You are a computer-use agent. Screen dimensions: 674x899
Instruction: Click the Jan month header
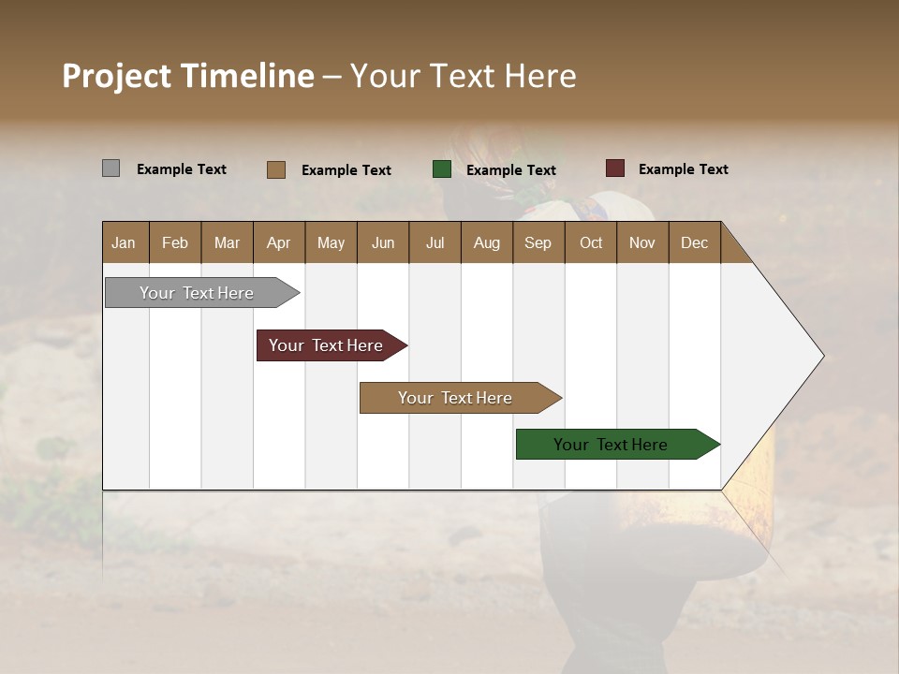pos(124,243)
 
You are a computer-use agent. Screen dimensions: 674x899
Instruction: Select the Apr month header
pos(279,243)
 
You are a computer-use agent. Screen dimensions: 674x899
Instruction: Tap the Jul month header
pos(435,243)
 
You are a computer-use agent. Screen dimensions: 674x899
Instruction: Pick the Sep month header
pos(538,243)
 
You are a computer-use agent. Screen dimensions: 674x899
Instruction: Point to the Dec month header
pos(694,243)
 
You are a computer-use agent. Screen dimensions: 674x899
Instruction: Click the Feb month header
pos(175,243)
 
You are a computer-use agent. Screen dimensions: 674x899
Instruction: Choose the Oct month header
pos(591,243)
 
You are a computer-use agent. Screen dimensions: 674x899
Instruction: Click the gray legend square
pos(111,168)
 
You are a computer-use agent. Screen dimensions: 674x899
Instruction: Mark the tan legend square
pos(276,169)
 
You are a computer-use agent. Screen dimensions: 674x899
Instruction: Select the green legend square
pos(442,169)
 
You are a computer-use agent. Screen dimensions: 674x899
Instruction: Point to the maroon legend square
pos(615,168)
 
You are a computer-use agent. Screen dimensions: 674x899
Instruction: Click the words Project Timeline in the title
pos(188,76)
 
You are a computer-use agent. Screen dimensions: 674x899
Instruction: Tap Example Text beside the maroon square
pos(683,169)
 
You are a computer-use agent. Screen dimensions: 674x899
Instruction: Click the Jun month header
pos(383,243)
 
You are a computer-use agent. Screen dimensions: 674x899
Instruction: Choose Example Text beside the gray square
pos(182,169)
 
